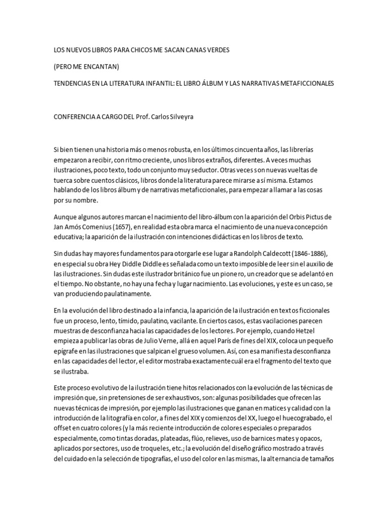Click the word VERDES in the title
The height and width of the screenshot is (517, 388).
216,51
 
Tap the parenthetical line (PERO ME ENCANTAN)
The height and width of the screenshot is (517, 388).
85,67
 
